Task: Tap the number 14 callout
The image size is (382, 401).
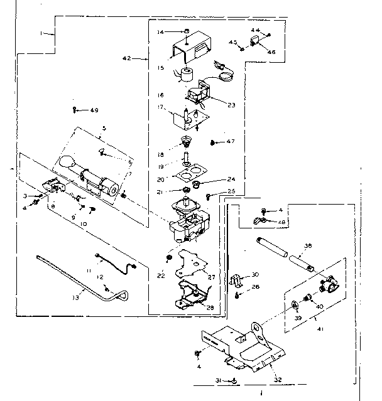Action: tap(160, 31)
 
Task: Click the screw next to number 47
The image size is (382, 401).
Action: tap(212, 142)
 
